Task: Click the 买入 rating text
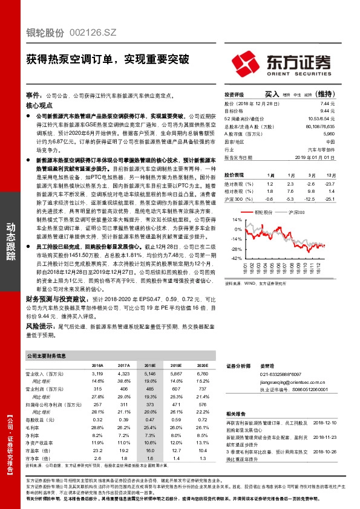tap(272, 95)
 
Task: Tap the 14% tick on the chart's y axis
tap(237, 221)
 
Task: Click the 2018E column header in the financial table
tap(149, 366)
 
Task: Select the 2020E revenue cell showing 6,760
tap(201, 375)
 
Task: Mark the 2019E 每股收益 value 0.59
tap(176, 419)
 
